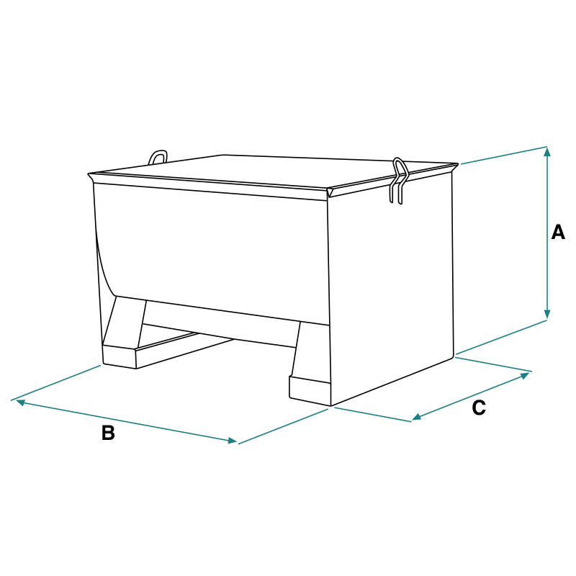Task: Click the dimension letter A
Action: (x=558, y=233)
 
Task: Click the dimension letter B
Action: (x=108, y=433)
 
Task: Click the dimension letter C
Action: (x=479, y=408)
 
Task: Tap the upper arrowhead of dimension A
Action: (x=547, y=151)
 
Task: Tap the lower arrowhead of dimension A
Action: (x=547, y=314)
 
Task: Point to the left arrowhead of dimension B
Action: (x=21, y=402)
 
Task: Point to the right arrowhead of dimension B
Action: (x=233, y=441)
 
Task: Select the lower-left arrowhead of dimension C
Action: (x=417, y=417)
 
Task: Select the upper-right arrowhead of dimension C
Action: (x=526, y=375)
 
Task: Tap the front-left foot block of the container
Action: (x=120, y=356)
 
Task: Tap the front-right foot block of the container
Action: (x=310, y=390)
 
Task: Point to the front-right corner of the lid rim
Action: (x=328, y=191)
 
